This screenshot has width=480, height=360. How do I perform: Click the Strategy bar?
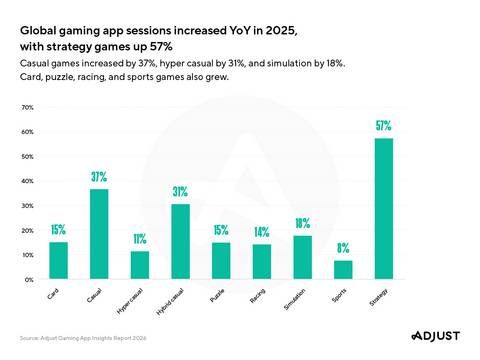pyautogui.click(x=383, y=209)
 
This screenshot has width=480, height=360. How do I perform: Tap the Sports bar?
pyautogui.click(x=342, y=270)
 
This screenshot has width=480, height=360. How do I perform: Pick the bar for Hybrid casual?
pyautogui.click(x=180, y=241)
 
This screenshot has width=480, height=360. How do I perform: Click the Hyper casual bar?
pyautogui.click(x=140, y=265)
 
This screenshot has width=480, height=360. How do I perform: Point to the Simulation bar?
pyautogui.click(x=302, y=257)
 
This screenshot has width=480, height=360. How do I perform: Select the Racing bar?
pyautogui.click(x=261, y=262)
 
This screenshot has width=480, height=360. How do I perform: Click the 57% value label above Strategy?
pyautogui.click(x=383, y=127)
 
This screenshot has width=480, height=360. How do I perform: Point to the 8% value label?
pyautogui.click(x=343, y=248)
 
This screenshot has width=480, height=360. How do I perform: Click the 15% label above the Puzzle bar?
pyautogui.click(x=221, y=231)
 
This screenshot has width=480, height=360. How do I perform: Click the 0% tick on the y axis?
pyautogui.click(x=29, y=280)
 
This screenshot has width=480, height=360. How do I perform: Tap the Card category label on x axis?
pyautogui.click(x=51, y=297)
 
